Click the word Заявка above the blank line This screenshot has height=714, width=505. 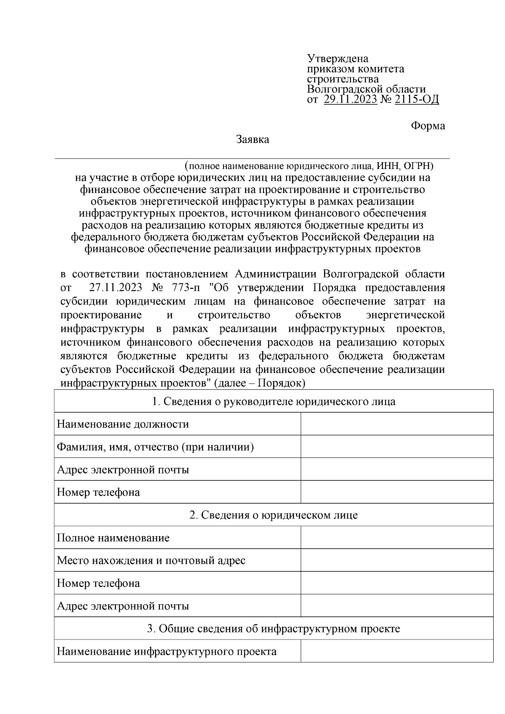tap(252, 140)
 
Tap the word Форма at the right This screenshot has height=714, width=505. tap(428, 126)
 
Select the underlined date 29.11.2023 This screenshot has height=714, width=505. tap(351, 100)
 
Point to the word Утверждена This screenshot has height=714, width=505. tap(338, 58)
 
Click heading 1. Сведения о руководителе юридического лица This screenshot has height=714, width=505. tap(274, 401)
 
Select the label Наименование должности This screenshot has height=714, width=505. tap(123, 424)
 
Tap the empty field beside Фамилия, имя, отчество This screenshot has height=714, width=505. tap(396, 447)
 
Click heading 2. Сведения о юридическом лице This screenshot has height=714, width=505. tap(274, 515)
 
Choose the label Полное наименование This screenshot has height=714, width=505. tap(113, 537)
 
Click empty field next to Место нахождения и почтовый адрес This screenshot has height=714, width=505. tap(396, 560)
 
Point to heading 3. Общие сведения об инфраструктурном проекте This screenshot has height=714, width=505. tap(274, 629)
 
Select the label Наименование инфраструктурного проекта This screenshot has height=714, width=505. tap(167, 651)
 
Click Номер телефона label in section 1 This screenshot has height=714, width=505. tap(98, 492)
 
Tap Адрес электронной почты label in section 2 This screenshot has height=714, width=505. tap(123, 606)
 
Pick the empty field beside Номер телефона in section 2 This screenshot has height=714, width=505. tap(396, 583)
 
